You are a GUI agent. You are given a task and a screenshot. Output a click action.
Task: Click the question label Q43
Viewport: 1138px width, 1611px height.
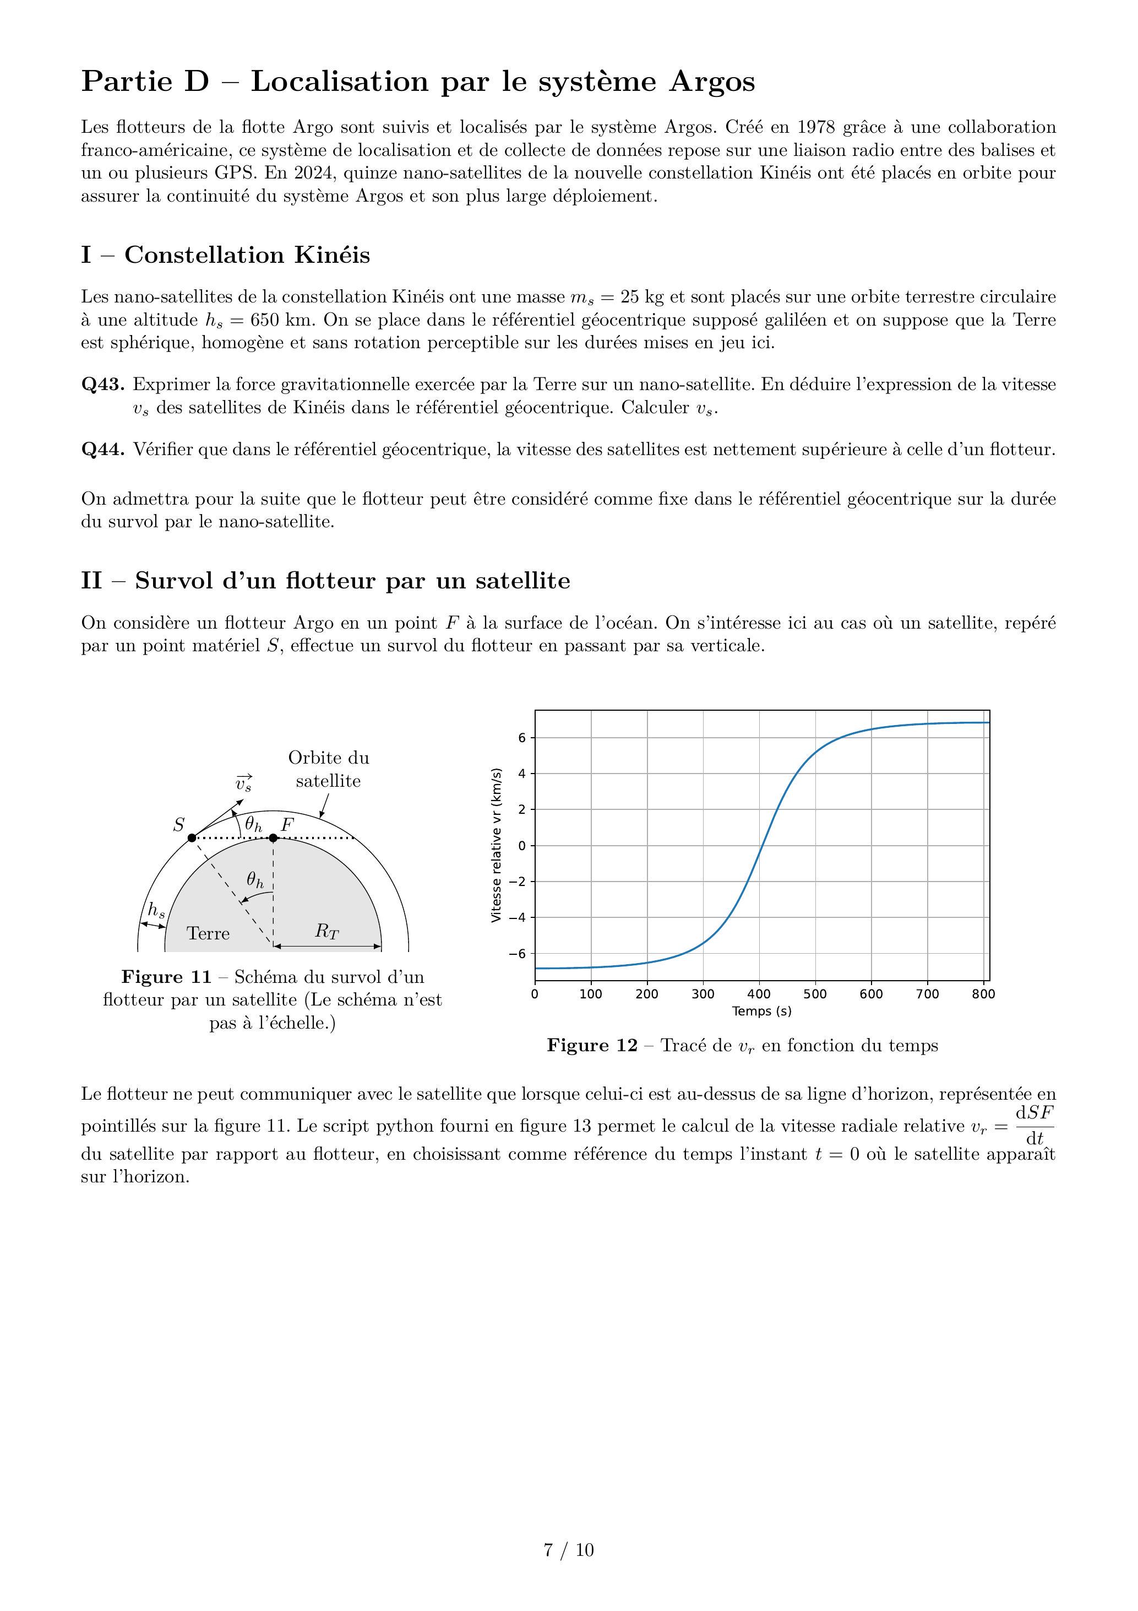point(103,385)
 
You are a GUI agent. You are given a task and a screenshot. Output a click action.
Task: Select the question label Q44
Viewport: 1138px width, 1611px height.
point(103,449)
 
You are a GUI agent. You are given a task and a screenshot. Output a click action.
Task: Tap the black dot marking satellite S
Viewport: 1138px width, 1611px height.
point(192,838)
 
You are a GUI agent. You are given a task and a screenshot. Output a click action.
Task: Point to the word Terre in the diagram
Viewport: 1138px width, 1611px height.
point(208,933)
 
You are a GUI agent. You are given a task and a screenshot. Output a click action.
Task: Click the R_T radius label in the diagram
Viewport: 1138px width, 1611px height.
point(326,931)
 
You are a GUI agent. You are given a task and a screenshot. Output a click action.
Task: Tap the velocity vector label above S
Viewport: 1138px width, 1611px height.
point(243,783)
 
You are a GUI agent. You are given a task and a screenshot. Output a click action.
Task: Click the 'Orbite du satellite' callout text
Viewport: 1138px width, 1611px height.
point(328,769)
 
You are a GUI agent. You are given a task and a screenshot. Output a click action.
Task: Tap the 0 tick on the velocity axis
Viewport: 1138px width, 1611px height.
point(522,846)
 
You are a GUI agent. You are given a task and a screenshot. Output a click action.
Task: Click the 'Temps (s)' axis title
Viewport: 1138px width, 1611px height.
point(761,1011)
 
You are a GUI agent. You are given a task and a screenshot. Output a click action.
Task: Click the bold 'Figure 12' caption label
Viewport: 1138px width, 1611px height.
point(592,1046)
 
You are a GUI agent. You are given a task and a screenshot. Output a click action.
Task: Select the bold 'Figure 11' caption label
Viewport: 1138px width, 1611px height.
point(166,977)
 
